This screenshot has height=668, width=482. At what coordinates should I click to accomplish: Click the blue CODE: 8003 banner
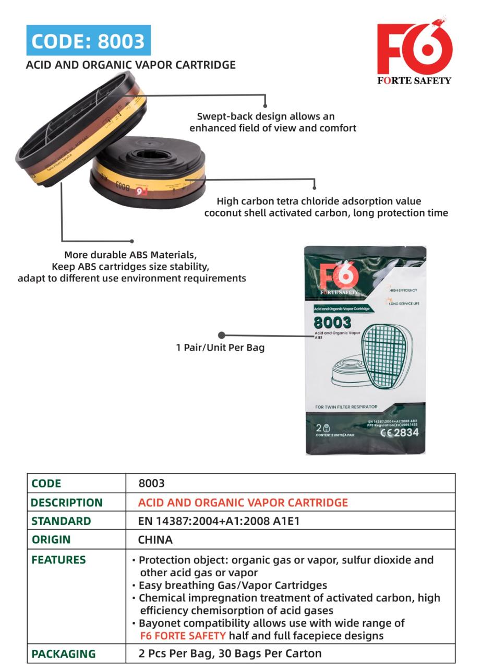88,41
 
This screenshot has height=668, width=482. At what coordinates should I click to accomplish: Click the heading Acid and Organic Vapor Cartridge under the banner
130,65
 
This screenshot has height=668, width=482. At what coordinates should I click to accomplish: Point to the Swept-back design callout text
272,122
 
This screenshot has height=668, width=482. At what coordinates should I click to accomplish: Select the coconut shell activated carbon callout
326,207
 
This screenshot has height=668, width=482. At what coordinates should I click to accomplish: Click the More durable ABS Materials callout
131,266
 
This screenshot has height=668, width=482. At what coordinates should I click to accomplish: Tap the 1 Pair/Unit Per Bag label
220,348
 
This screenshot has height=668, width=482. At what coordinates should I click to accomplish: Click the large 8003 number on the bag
332,323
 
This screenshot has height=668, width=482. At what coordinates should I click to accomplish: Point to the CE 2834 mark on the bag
399,433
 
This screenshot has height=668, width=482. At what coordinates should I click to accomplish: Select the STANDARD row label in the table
61,521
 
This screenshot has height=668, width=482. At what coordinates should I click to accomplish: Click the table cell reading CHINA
155,540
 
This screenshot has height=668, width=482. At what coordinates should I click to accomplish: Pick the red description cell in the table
243,503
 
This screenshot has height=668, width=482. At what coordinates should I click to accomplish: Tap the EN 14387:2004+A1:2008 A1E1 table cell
219,521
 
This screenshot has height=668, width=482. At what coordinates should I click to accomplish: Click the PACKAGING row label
64,654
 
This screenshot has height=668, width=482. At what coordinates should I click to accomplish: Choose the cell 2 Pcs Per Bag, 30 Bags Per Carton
230,653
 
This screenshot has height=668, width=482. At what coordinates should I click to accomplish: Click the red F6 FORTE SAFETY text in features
183,636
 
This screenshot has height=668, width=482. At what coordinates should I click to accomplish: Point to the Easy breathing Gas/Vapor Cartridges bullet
233,585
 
